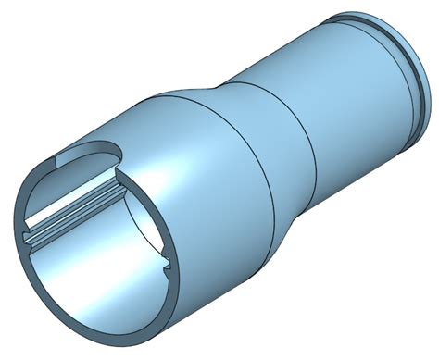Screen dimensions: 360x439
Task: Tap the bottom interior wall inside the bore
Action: click(x=102, y=287)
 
